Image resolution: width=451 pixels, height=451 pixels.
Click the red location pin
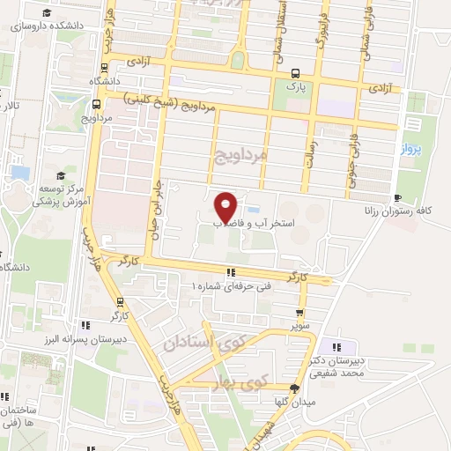point(226,207)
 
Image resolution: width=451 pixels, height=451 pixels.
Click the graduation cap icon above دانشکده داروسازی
point(45,12)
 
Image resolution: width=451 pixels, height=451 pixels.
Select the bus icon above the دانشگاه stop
point(106,66)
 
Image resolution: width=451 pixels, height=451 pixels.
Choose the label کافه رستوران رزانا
point(400,211)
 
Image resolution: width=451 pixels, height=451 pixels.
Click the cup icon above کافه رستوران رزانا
point(400,197)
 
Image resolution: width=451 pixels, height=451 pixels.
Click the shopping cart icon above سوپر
point(301,312)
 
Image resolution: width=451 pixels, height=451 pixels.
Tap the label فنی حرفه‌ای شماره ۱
point(232,285)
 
